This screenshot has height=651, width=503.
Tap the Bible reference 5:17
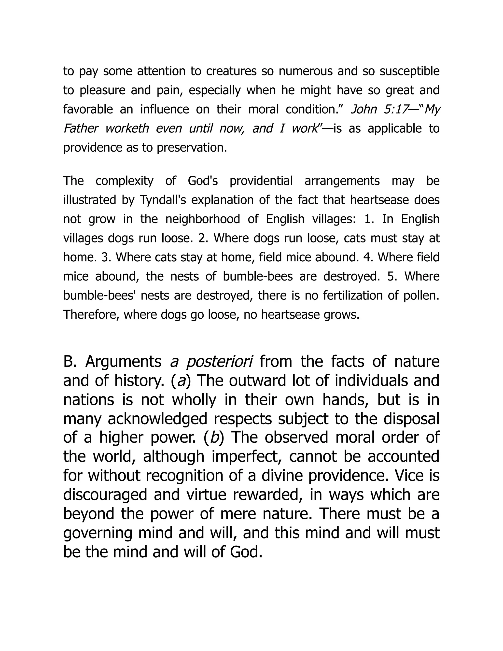(x=395, y=109)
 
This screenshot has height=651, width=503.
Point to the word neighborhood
(x=203, y=219)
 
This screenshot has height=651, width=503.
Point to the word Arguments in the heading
(x=123, y=362)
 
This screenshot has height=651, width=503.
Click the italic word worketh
(x=127, y=128)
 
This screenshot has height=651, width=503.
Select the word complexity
(x=124, y=181)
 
